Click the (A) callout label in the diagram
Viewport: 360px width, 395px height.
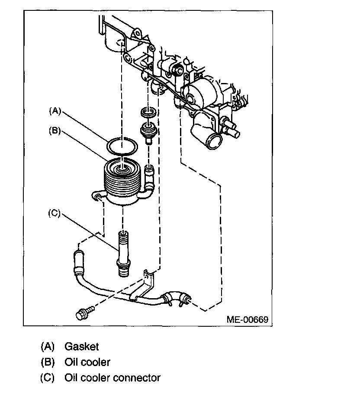[55, 111]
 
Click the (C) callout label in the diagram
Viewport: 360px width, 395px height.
[55, 213]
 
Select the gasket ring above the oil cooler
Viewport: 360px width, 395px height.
[122, 147]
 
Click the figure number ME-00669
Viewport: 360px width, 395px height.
[247, 319]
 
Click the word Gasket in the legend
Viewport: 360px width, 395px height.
[82, 347]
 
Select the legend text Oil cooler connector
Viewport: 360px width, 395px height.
[112, 378]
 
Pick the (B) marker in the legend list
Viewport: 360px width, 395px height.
[48, 362]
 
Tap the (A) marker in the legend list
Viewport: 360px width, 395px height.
[48, 347]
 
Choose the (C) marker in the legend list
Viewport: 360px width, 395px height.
[48, 378]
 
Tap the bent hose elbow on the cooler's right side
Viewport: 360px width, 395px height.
[148, 184]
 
